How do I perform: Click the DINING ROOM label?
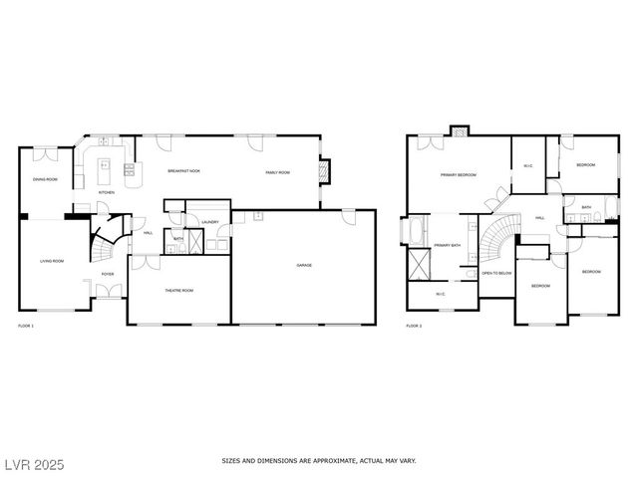tap(45, 179)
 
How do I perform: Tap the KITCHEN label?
tap(107, 192)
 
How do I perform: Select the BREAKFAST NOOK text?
tap(183, 172)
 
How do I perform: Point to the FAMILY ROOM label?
tap(277, 172)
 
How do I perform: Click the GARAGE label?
tap(304, 265)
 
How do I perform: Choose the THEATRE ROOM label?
tap(179, 290)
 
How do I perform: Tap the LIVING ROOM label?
tap(52, 261)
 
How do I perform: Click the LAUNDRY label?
tap(209, 221)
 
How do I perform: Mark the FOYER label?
tap(108, 273)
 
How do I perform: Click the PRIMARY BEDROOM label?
tap(459, 174)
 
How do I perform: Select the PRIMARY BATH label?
tap(447, 245)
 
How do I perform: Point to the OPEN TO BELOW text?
tap(496, 272)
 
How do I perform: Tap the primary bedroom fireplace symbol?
tap(460, 130)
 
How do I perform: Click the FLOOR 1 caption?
tap(26, 326)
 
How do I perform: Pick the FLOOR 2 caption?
tap(414, 326)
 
